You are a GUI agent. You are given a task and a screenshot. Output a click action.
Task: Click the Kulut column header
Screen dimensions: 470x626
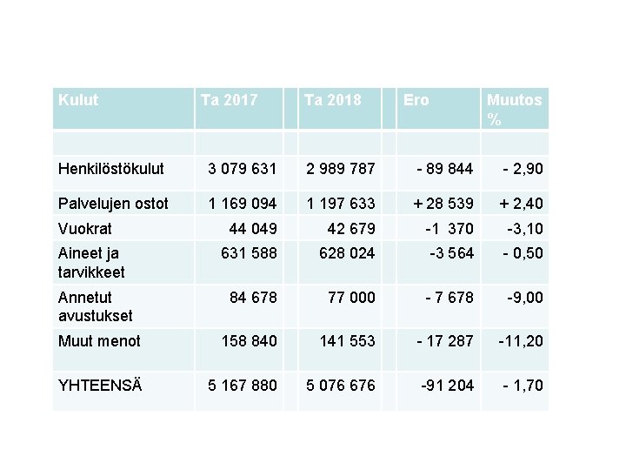pos(78,100)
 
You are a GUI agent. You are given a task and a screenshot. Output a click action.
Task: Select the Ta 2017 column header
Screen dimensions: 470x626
pos(229,100)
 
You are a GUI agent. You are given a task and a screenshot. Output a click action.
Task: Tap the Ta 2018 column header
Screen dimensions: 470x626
pos(332,100)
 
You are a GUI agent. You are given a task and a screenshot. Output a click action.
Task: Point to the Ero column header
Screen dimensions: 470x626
pos(416,100)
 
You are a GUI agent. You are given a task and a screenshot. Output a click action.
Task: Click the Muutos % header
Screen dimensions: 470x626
pos(514,110)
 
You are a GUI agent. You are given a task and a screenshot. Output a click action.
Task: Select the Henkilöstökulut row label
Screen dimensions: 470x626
pos(111,168)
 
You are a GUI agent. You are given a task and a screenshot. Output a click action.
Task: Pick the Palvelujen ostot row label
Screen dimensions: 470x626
pos(113,204)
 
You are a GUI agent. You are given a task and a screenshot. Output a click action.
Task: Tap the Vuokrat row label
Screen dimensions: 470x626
pos(86,229)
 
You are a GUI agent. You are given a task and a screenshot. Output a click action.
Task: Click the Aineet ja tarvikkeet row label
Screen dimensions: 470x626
pos(91,263)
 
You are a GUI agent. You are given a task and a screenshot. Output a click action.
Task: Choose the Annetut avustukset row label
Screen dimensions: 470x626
pos(95,306)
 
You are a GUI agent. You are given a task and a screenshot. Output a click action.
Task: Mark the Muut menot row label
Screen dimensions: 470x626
pos(99,341)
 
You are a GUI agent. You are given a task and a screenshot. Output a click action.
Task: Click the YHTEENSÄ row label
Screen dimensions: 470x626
pos(101,385)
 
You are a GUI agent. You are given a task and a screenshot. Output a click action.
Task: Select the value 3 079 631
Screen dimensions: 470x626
pos(243,168)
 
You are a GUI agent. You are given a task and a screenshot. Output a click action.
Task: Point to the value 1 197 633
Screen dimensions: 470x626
pos(340,204)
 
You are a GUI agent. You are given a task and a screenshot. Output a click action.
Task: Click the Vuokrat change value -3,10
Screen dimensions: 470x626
pos(524,229)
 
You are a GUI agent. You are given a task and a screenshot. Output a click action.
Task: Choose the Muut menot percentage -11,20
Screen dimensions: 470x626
pos(520,341)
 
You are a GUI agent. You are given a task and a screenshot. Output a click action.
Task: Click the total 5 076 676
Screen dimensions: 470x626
pos(340,385)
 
